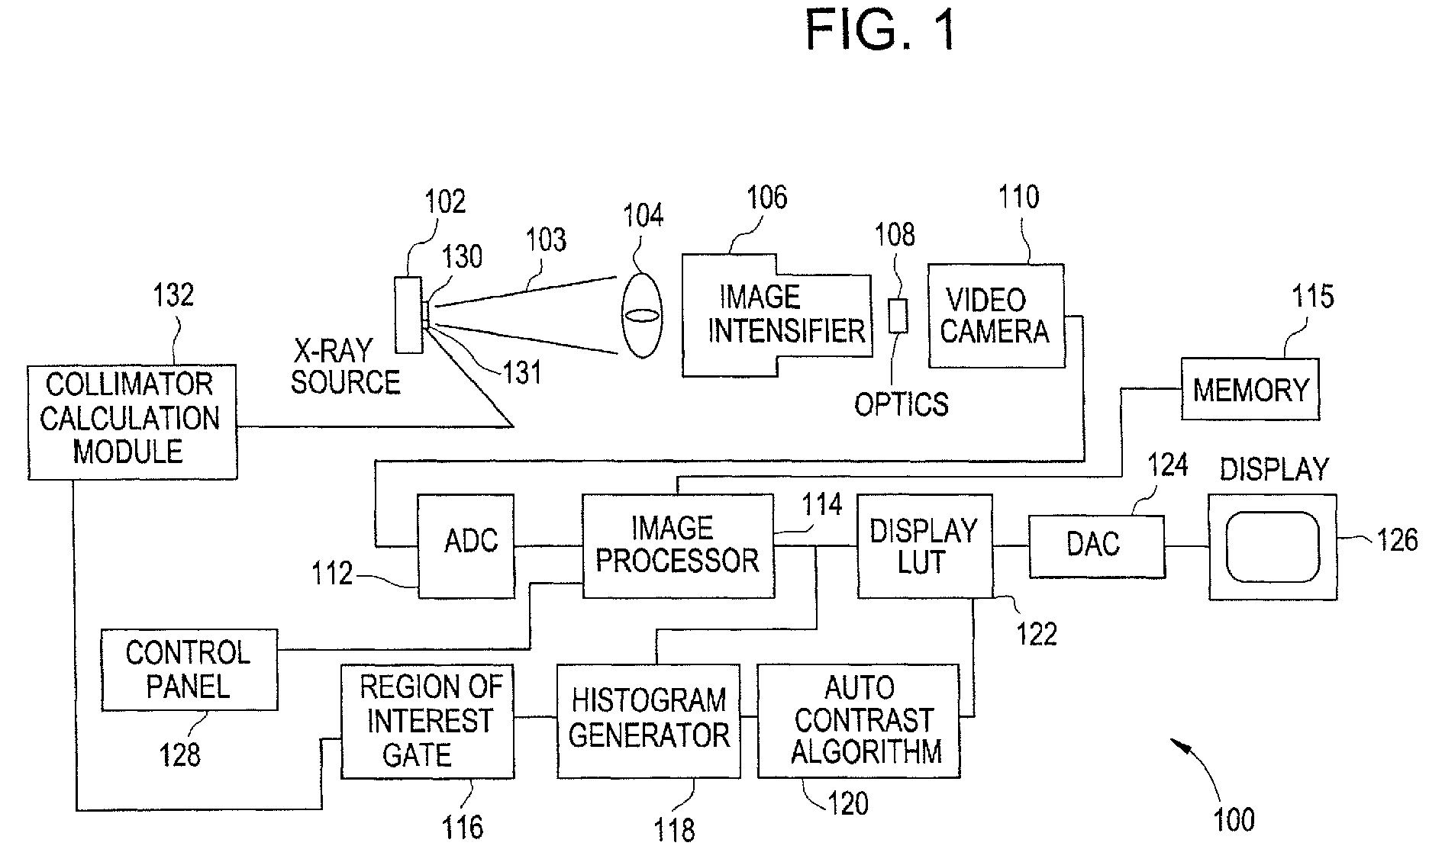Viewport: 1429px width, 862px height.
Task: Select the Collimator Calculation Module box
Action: coord(132,422)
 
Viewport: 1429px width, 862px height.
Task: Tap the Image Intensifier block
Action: coord(776,315)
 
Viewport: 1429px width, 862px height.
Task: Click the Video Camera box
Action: coord(996,316)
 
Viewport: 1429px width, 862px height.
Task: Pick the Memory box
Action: coord(1250,389)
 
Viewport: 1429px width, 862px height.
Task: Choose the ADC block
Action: coord(466,545)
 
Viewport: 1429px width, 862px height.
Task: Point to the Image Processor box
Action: coord(678,545)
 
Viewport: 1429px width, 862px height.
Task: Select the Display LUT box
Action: coord(924,545)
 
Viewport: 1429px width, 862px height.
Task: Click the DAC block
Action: coord(1096,546)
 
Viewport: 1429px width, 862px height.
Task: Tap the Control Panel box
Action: coord(189,670)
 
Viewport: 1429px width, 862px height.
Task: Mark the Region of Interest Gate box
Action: coord(427,721)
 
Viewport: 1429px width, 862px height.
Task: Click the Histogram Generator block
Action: coord(649,721)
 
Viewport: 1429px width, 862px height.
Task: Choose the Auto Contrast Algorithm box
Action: coord(859,721)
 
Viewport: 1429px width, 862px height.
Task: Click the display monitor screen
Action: coord(1273,546)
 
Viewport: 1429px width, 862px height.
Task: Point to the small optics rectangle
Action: coord(898,316)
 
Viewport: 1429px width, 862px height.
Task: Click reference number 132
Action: coord(173,294)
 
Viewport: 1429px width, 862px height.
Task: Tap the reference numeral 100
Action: coord(1234,819)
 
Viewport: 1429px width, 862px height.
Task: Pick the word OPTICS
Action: coord(901,404)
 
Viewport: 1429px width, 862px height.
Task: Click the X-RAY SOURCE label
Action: coord(345,367)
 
